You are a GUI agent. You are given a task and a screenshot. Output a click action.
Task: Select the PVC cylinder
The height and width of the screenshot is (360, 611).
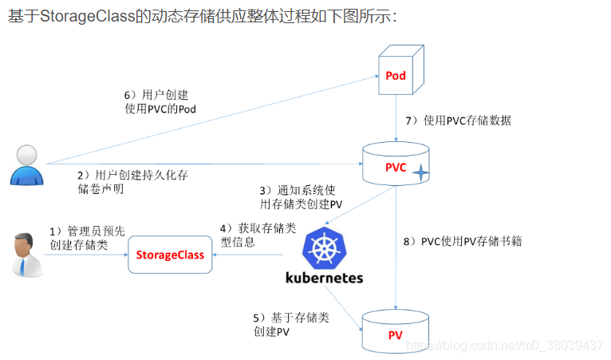[x=396, y=166]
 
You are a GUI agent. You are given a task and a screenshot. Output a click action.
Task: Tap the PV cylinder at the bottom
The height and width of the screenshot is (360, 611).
[x=396, y=332]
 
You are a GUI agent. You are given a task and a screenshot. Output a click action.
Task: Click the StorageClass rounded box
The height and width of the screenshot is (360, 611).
[x=169, y=255]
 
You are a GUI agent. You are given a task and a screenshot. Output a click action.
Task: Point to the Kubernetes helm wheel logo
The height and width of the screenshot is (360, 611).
[x=323, y=247]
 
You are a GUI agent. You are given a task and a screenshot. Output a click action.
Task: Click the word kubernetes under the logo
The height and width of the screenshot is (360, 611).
[x=324, y=278]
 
